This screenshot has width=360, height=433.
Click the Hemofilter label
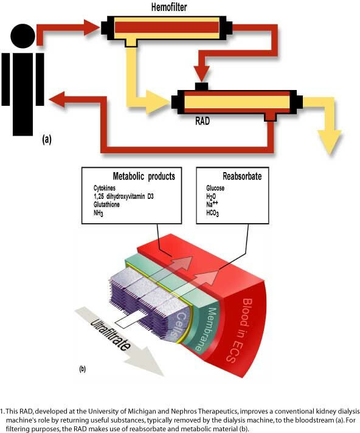[x=169, y=7]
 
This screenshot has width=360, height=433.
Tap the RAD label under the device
[x=202, y=121]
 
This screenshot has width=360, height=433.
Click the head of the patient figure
[x=23, y=36]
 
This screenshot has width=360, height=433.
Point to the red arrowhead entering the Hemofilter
[x=91, y=27]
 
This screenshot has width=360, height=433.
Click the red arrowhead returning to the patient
[x=57, y=99]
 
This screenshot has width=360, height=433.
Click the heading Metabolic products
[x=144, y=176]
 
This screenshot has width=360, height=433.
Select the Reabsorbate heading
[x=242, y=176]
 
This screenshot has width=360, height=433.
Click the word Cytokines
[x=105, y=189]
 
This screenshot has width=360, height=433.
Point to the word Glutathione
[x=106, y=204]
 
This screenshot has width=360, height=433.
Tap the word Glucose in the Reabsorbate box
[x=215, y=188]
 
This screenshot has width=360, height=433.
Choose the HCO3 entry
[x=213, y=213]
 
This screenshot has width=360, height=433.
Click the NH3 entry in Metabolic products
[x=99, y=213]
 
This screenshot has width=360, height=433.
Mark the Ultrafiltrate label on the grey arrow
[x=111, y=334]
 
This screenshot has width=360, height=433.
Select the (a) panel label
[x=47, y=139]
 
